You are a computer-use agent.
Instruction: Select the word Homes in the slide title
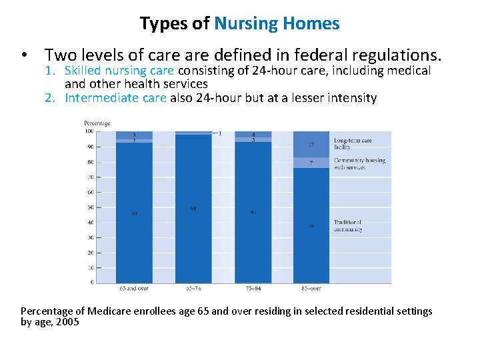[x=311, y=24]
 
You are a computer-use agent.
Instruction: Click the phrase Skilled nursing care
[x=119, y=71]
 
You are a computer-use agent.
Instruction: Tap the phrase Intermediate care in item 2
[x=115, y=98]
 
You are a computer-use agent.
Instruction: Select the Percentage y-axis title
[x=97, y=123]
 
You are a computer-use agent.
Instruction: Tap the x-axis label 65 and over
[x=134, y=289]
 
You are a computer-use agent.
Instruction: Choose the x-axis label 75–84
[x=253, y=289]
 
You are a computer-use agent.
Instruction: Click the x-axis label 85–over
[x=311, y=289]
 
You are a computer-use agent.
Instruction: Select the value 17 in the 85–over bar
[x=311, y=145]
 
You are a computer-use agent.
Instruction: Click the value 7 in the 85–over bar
[x=311, y=163]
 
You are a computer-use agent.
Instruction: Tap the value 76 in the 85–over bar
[x=311, y=226]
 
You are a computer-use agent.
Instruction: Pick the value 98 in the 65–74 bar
[x=193, y=209]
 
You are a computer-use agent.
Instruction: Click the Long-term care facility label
[x=353, y=144]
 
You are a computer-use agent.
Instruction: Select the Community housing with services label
[x=359, y=163]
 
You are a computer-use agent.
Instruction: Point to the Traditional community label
[x=348, y=226]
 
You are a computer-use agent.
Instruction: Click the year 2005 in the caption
[x=68, y=322]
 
